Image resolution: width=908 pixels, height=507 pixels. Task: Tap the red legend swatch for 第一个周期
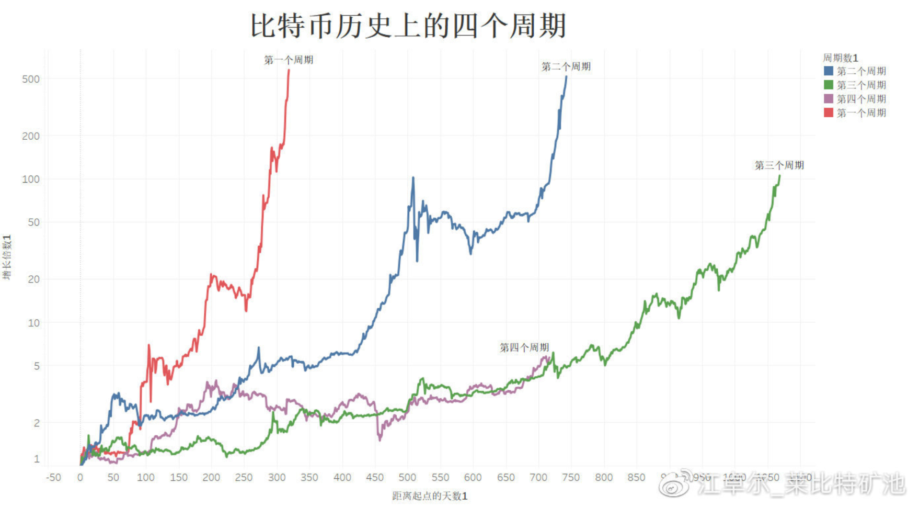[x=828, y=112]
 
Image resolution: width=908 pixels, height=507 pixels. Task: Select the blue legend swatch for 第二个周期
[x=828, y=71]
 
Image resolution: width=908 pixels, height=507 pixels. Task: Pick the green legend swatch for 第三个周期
[x=828, y=85]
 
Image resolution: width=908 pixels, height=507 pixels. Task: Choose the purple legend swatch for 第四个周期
[x=828, y=99]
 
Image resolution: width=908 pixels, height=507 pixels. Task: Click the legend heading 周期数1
[x=840, y=58]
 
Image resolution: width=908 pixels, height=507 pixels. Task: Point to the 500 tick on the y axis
[x=31, y=79]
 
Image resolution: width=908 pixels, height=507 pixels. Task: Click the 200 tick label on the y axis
[x=31, y=136]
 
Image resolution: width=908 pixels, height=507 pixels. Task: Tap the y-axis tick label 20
[x=33, y=279]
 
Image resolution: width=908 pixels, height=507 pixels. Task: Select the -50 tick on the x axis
[x=53, y=477]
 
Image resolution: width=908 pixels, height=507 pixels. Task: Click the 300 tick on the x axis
[x=277, y=477]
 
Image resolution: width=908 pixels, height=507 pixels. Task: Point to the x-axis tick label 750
[x=571, y=477]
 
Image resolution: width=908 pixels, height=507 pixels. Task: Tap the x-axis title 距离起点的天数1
[x=430, y=496]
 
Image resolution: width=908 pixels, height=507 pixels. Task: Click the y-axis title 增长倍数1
[x=7, y=257]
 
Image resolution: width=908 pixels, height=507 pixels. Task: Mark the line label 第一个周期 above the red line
[x=289, y=60]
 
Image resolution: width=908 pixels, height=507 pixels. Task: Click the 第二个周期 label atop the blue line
[x=566, y=66]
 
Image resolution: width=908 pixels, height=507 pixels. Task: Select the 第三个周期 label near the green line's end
[x=779, y=165]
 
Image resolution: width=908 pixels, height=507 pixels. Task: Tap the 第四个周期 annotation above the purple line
[x=524, y=347]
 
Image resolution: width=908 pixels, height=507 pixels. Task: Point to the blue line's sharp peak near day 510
[x=413, y=178]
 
